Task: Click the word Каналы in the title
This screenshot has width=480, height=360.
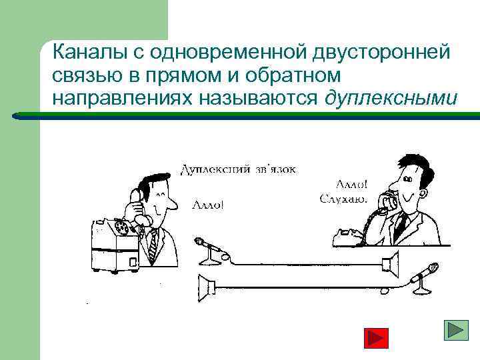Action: [x=83, y=53]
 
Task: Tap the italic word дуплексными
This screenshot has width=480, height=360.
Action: [x=391, y=98]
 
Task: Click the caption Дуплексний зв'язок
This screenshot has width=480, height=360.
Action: [x=239, y=169]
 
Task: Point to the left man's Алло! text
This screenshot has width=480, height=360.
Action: [x=209, y=204]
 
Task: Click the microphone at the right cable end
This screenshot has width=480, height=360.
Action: [x=423, y=273]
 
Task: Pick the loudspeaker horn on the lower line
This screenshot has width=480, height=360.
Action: [x=207, y=288]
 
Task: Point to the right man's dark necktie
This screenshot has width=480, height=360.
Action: [x=400, y=227]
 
